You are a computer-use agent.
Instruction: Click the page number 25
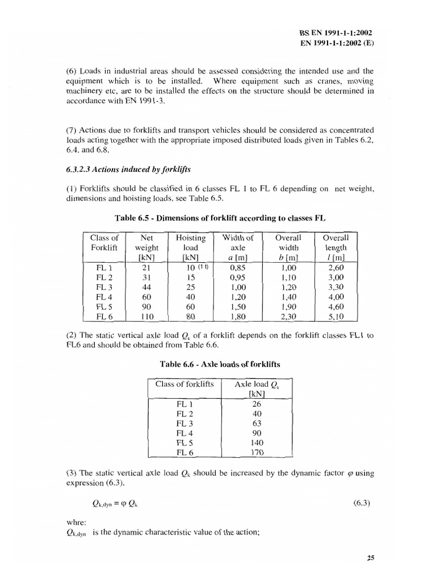(x=371, y=557)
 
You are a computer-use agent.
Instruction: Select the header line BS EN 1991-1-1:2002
(x=336, y=33)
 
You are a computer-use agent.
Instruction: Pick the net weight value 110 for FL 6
(x=146, y=317)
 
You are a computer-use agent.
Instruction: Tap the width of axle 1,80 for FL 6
(x=237, y=317)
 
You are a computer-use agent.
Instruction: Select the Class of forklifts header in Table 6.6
(x=185, y=384)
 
